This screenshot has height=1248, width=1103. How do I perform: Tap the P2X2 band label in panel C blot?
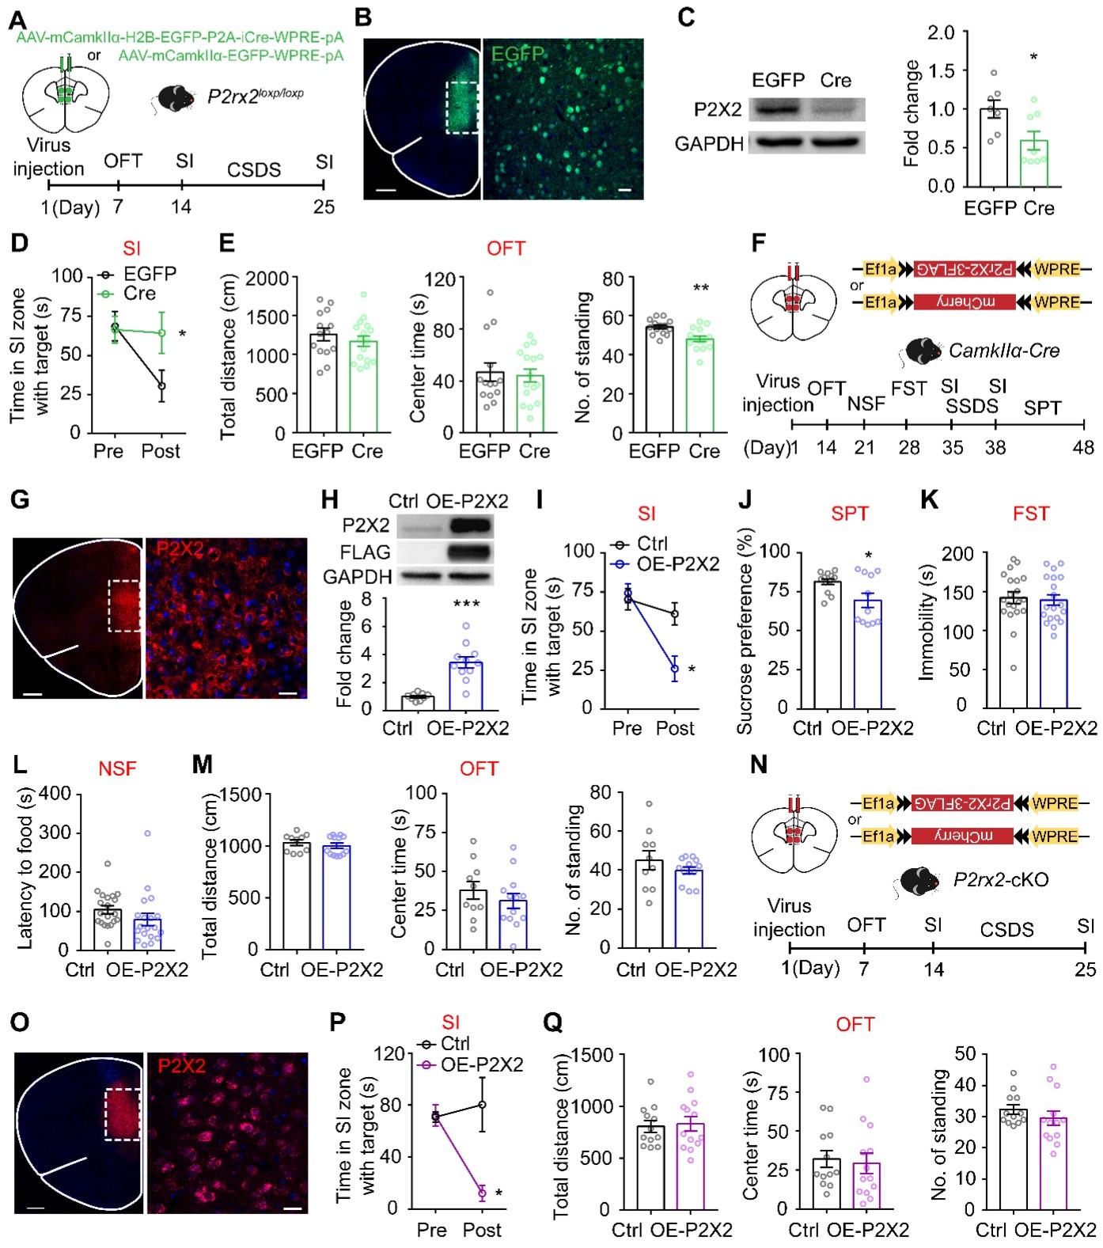click(x=718, y=109)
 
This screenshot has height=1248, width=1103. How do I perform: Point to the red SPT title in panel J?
click(x=849, y=514)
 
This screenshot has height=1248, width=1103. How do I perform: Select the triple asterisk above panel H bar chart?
click(x=467, y=605)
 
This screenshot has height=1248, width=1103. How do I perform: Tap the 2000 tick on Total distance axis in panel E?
click(x=267, y=279)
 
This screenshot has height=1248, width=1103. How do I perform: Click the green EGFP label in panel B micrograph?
click(x=518, y=54)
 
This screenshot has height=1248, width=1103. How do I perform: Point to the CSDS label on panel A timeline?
click(x=254, y=170)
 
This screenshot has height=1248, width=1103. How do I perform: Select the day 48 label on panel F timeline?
click(x=1083, y=447)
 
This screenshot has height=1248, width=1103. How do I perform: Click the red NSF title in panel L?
click(x=117, y=768)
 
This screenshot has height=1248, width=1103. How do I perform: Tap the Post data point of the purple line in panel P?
click(x=481, y=1193)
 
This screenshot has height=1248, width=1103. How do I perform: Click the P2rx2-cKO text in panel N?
click(x=1000, y=879)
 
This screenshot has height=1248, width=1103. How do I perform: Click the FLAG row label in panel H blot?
click(x=365, y=552)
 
